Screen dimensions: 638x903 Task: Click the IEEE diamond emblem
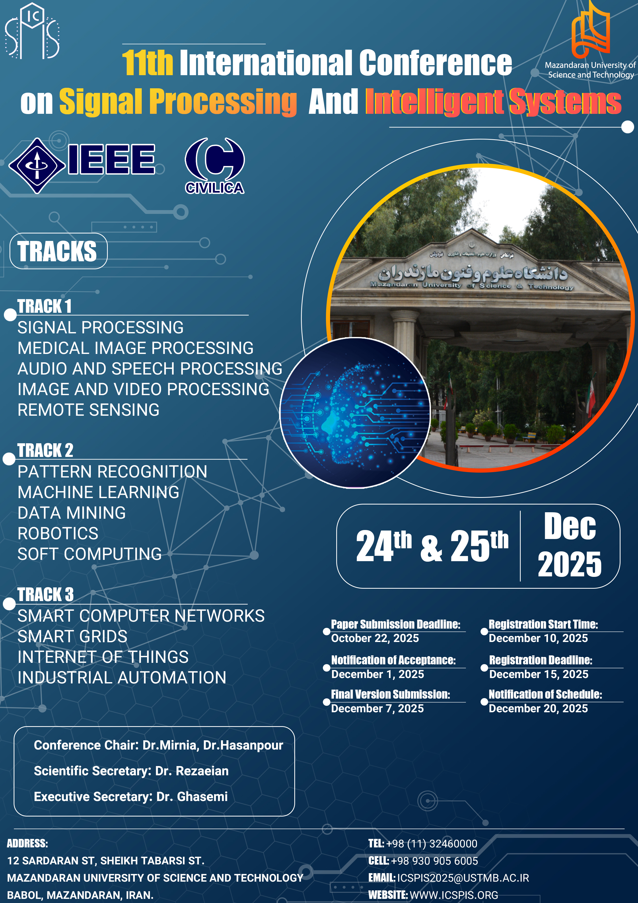tap(37, 166)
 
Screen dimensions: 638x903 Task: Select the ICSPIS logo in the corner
tap(32, 31)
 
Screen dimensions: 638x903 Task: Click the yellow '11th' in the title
tap(147, 63)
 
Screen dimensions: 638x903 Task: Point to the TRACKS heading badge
tap(58, 251)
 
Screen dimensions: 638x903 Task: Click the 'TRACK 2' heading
tap(45, 450)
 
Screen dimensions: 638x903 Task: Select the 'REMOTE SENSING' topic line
tap(88, 410)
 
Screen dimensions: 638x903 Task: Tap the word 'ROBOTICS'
tap(58, 533)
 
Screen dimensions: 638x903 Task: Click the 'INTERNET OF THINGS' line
tap(103, 657)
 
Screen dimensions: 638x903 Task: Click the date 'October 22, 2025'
tap(375, 638)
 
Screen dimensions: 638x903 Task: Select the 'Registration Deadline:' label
tap(540, 660)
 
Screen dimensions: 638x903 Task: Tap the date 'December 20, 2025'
tap(538, 708)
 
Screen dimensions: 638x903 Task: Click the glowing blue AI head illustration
tap(355, 413)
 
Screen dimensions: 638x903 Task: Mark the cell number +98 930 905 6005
tap(434, 861)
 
